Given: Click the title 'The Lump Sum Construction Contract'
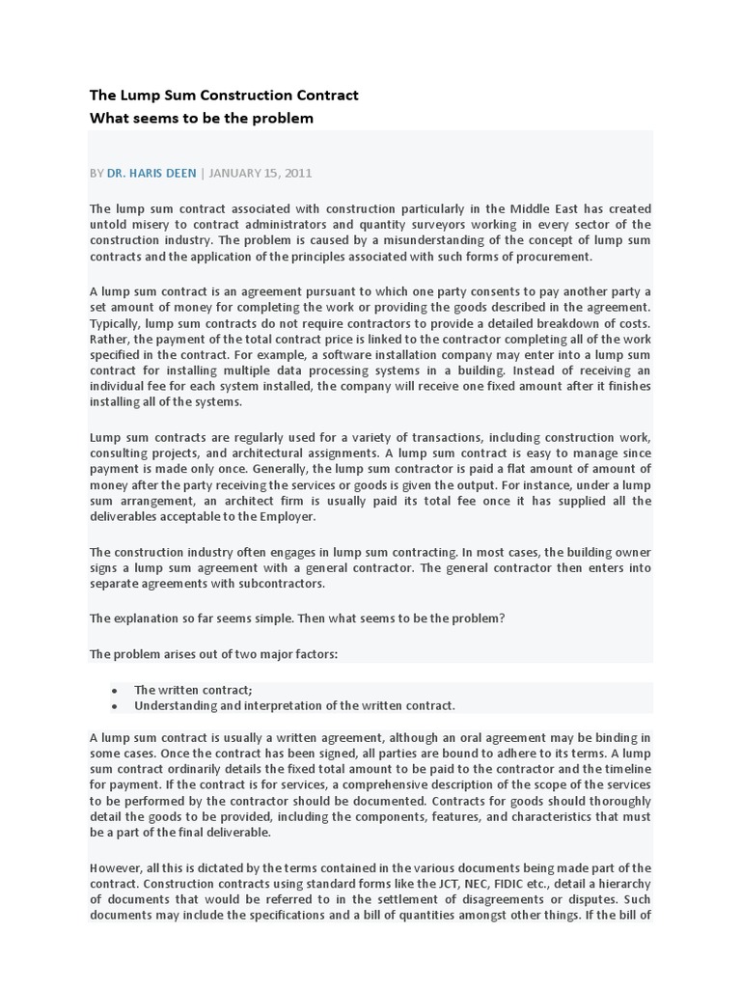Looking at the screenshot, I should point(224,95).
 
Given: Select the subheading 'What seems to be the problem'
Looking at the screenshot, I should point(202,118).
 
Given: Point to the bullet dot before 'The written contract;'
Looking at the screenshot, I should point(114,690).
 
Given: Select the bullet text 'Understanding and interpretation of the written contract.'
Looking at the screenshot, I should point(294,705).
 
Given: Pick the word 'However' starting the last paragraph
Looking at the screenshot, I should point(115,867).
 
